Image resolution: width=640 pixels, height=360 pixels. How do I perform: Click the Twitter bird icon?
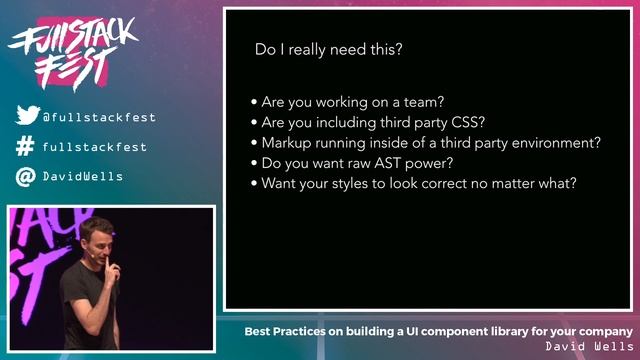27,116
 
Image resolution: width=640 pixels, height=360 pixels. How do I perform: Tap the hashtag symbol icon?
26,147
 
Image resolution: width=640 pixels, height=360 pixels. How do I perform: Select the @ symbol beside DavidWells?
26,177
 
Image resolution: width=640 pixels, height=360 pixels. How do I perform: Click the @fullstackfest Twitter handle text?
99,117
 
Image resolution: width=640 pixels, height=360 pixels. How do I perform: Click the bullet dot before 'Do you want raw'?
254,164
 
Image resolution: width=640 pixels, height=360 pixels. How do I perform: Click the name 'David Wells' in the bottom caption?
589,346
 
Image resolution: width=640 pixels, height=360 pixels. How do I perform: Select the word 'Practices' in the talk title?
312,331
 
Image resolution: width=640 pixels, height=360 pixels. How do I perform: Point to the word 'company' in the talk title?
604,331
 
